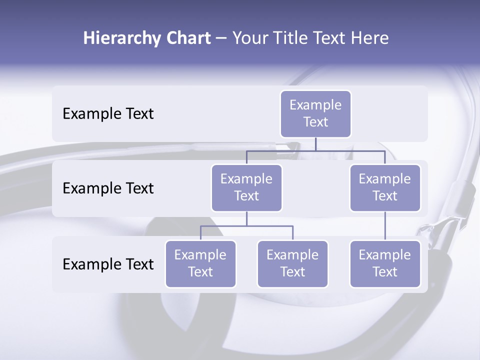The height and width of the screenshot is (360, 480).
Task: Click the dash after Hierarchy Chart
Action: point(221,39)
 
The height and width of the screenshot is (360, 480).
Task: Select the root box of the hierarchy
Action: point(315,113)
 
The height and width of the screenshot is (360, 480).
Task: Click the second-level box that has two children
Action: point(246,187)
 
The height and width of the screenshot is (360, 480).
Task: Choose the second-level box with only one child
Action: point(385,187)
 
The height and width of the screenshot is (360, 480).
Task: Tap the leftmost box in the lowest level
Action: point(200,263)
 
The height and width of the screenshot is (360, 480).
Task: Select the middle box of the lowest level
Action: point(292,263)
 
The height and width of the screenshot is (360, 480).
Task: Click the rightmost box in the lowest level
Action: point(385,263)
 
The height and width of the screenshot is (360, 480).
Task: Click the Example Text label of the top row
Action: point(108,114)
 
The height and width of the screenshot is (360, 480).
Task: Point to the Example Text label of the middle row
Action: point(108,188)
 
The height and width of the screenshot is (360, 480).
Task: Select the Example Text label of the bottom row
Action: point(108,264)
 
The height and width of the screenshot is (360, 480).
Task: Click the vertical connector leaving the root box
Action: point(315,144)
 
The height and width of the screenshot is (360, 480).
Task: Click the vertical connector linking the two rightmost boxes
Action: point(385,226)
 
